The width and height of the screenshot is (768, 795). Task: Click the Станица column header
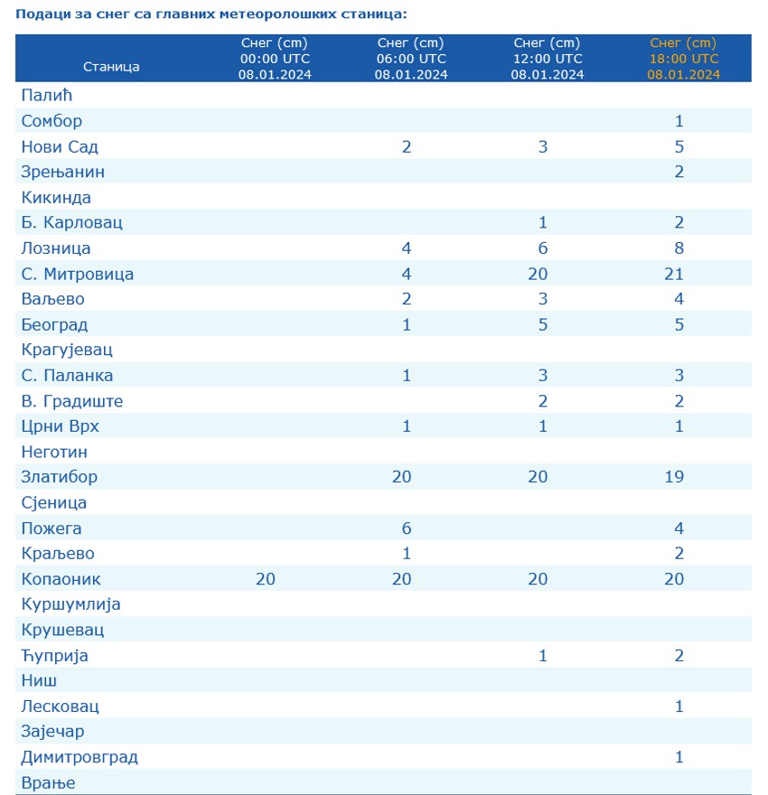(x=111, y=67)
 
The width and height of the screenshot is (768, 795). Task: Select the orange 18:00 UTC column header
(x=683, y=59)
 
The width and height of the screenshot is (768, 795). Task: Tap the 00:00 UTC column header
(x=275, y=59)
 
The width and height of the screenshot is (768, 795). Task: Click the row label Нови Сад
(x=59, y=146)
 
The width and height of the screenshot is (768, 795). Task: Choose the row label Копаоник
(x=61, y=578)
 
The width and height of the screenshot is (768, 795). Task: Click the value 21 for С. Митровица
(x=674, y=274)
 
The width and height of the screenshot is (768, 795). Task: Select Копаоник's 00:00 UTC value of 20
(x=266, y=578)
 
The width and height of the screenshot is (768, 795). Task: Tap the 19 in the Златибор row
(x=674, y=476)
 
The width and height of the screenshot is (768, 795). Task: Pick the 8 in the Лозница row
(x=679, y=248)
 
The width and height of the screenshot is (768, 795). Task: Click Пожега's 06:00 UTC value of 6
(x=407, y=528)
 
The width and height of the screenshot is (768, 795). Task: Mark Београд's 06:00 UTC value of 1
(x=407, y=324)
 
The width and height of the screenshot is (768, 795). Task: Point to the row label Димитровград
(x=79, y=756)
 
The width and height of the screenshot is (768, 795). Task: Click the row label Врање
(x=47, y=782)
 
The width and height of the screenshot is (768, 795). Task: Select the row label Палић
(x=44, y=95)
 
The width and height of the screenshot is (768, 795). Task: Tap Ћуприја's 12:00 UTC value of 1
(x=543, y=655)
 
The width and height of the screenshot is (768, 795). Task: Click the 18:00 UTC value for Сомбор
(x=679, y=121)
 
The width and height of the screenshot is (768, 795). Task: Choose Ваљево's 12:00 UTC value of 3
(x=543, y=299)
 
